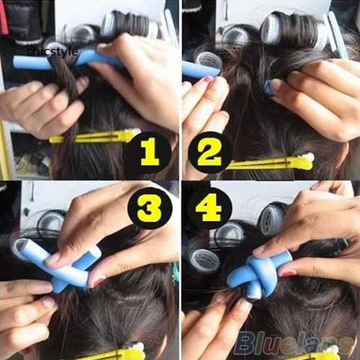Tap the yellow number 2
pyautogui.click(x=210, y=153)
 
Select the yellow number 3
pyautogui.click(x=150, y=207)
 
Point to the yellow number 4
pyautogui.click(x=208, y=207)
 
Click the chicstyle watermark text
pyautogui.click(x=53, y=51)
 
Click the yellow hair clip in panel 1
pyautogui.click(x=95, y=136)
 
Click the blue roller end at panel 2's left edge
pyautogui.click(x=200, y=69)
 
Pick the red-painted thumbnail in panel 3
pyautogui.click(x=98, y=283)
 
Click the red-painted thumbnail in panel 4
pyautogui.click(x=289, y=273)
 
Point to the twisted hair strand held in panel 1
pyautogui.click(x=67, y=81)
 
